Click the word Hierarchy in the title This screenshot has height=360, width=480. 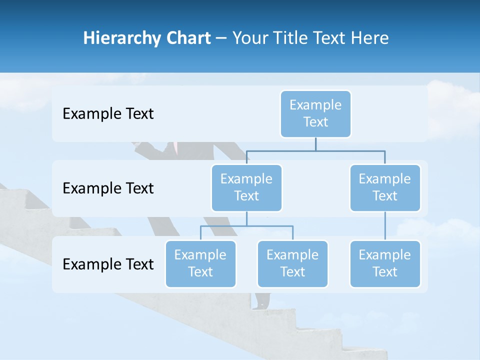point(121,38)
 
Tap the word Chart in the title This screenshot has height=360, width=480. point(187,38)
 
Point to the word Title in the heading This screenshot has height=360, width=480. point(291,38)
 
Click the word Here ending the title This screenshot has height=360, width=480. point(369,38)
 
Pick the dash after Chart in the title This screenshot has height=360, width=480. point(221,39)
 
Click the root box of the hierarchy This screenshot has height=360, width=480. point(315,113)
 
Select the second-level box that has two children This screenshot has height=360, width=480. point(246,187)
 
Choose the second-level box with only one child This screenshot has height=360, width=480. point(385,187)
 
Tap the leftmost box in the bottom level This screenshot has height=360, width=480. point(200,263)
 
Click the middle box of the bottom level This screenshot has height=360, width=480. point(292,263)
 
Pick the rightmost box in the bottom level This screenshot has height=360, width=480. point(385,263)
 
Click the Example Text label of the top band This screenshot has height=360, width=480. point(108,114)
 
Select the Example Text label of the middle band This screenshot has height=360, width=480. point(108,188)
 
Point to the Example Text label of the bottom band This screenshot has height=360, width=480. point(108,264)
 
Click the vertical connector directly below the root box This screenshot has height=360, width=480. point(315,144)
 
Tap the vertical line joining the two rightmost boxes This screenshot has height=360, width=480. point(385,226)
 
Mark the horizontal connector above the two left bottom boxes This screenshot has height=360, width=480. point(246,226)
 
